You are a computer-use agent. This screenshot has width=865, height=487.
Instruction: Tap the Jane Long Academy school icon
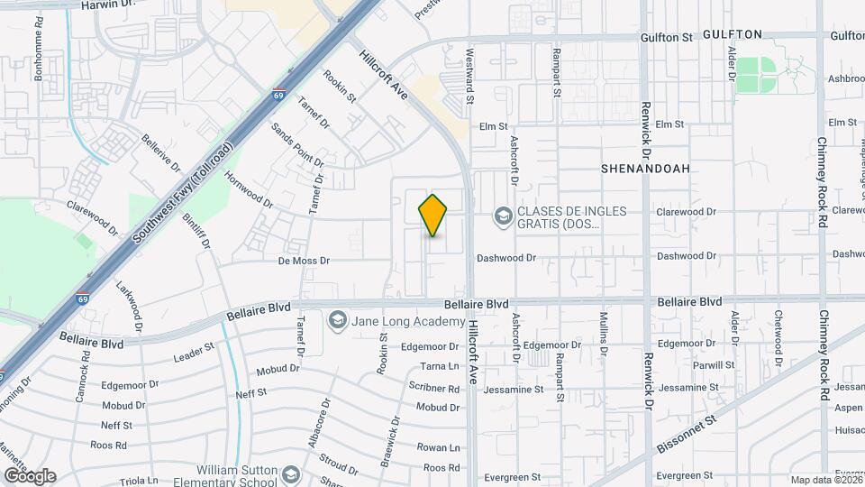pyautogui.click(x=338, y=320)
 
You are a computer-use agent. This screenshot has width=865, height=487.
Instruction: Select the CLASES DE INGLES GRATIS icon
pyautogui.click(x=502, y=216)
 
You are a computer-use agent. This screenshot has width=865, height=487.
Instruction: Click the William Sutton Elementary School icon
pyautogui.click(x=291, y=474)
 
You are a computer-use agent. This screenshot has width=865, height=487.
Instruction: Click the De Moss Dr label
pyautogui.click(x=304, y=261)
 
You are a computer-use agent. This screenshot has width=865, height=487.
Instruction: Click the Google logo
pyautogui.click(x=30, y=475)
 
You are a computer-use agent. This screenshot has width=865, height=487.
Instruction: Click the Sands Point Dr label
pyautogui.click(x=297, y=146)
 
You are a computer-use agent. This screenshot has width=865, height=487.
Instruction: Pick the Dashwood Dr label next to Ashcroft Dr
pyautogui.click(x=506, y=258)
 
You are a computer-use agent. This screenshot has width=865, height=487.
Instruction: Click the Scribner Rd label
pyautogui.click(x=435, y=389)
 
